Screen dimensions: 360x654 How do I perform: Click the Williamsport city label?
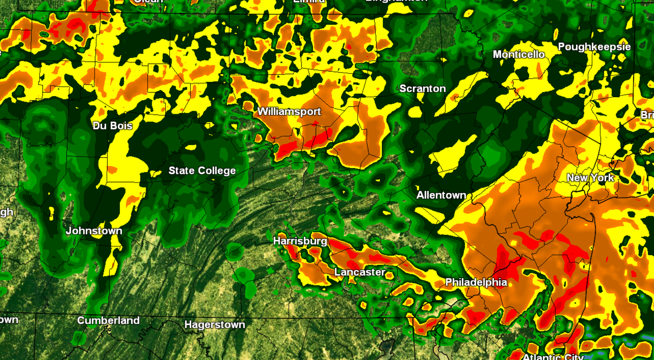coord(289,111)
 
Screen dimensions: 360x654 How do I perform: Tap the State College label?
coord(202,170)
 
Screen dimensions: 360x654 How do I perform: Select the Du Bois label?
coord(113,126)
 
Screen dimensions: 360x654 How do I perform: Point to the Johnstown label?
coord(94,231)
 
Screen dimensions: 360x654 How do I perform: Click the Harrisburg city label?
coord(300,241)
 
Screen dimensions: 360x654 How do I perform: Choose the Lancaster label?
coord(360,272)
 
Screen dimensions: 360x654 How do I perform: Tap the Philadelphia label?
coord(476,282)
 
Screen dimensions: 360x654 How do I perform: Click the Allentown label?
coord(441,195)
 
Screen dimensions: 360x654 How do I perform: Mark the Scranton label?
coord(422,88)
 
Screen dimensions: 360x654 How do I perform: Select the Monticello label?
coord(519,54)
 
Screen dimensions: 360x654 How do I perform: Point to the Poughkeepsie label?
coord(594,47)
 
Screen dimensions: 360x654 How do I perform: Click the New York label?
coord(590,178)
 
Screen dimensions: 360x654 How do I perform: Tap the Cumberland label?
coord(108,320)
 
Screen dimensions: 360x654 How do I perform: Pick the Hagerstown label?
coord(215,325)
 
